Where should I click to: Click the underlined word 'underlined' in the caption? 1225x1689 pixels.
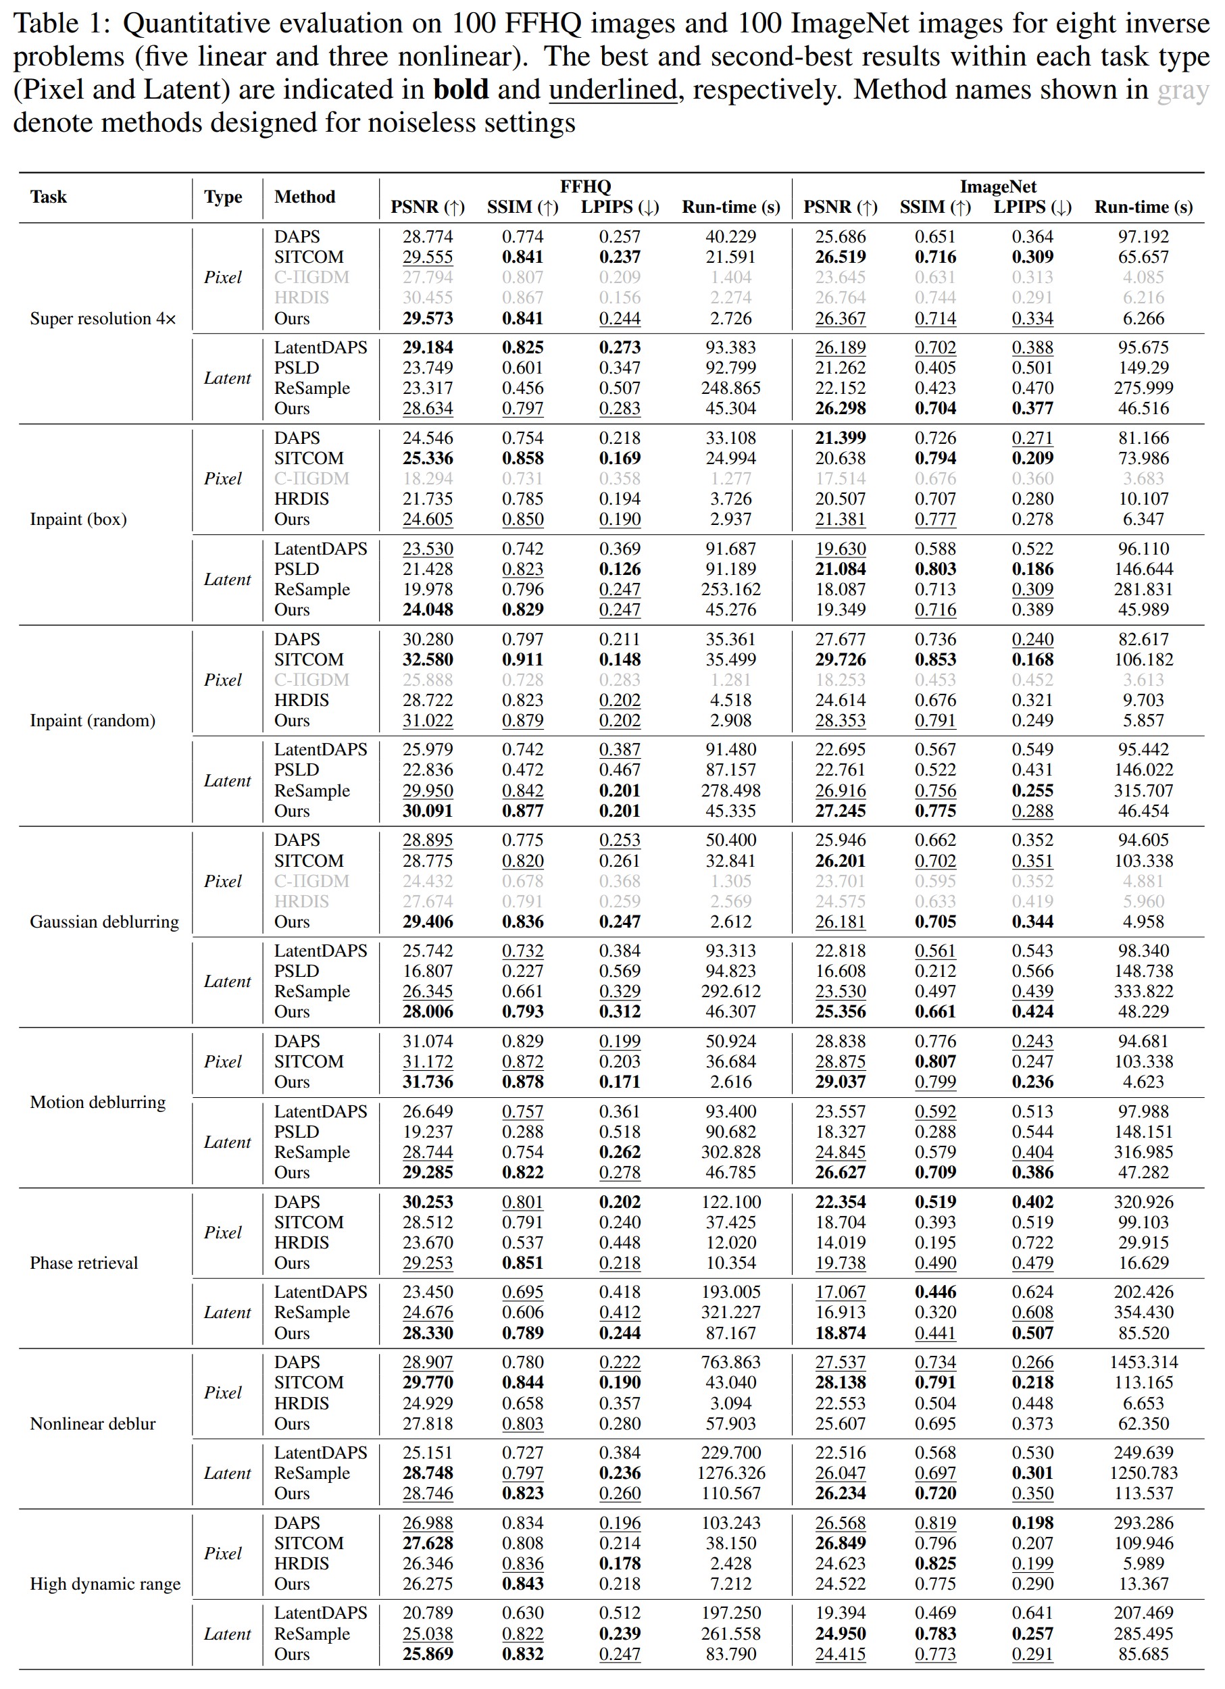(x=613, y=90)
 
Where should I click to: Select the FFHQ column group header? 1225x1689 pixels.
(x=584, y=186)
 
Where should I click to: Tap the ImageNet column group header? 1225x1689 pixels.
(x=997, y=186)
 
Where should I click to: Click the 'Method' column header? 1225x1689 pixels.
(x=305, y=197)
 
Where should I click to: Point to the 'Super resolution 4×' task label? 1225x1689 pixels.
(x=103, y=319)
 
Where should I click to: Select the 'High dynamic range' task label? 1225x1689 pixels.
(x=105, y=1584)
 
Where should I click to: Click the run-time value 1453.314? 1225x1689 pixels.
(x=1143, y=1363)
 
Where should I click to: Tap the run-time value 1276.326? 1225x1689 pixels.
(x=730, y=1473)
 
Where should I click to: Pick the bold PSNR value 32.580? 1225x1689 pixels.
(x=428, y=660)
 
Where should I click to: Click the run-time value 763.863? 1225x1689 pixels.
(x=730, y=1363)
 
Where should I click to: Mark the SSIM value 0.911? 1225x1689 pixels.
(x=522, y=660)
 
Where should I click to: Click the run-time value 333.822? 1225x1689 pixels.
(x=1143, y=991)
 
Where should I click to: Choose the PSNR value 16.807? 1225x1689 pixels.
(x=428, y=971)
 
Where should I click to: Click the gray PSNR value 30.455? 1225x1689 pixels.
(x=428, y=298)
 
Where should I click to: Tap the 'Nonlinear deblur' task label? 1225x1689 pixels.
(x=93, y=1424)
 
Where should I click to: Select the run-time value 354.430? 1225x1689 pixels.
(x=1143, y=1313)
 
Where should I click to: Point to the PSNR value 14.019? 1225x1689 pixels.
(x=840, y=1243)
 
